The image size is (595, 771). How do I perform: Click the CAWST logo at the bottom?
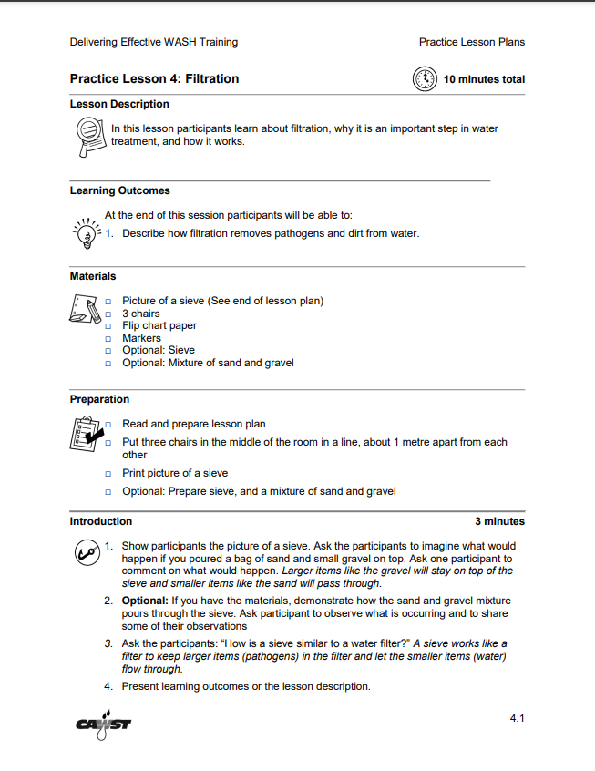click(104, 725)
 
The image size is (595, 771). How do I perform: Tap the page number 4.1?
click(517, 719)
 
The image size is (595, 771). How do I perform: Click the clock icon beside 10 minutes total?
click(426, 79)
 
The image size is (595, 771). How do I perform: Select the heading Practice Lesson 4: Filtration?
click(154, 79)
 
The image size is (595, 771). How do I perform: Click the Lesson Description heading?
click(119, 104)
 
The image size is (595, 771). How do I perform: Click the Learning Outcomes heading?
click(119, 190)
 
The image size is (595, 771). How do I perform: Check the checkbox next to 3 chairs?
click(108, 314)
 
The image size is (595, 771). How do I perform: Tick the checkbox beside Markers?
click(108, 338)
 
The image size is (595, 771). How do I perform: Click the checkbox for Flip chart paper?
click(108, 326)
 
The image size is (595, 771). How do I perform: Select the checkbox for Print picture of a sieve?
click(108, 473)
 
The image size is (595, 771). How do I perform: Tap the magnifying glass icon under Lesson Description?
click(87, 137)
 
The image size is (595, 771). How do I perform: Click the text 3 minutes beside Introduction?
click(499, 521)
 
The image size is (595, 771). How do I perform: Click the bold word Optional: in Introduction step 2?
click(145, 601)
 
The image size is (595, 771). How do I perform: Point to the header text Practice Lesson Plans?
click(471, 42)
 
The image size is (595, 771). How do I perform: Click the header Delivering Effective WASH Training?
click(153, 42)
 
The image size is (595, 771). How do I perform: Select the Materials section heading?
click(93, 275)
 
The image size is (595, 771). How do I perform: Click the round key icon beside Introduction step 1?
click(86, 552)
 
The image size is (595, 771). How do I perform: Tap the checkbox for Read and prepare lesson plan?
click(108, 424)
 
